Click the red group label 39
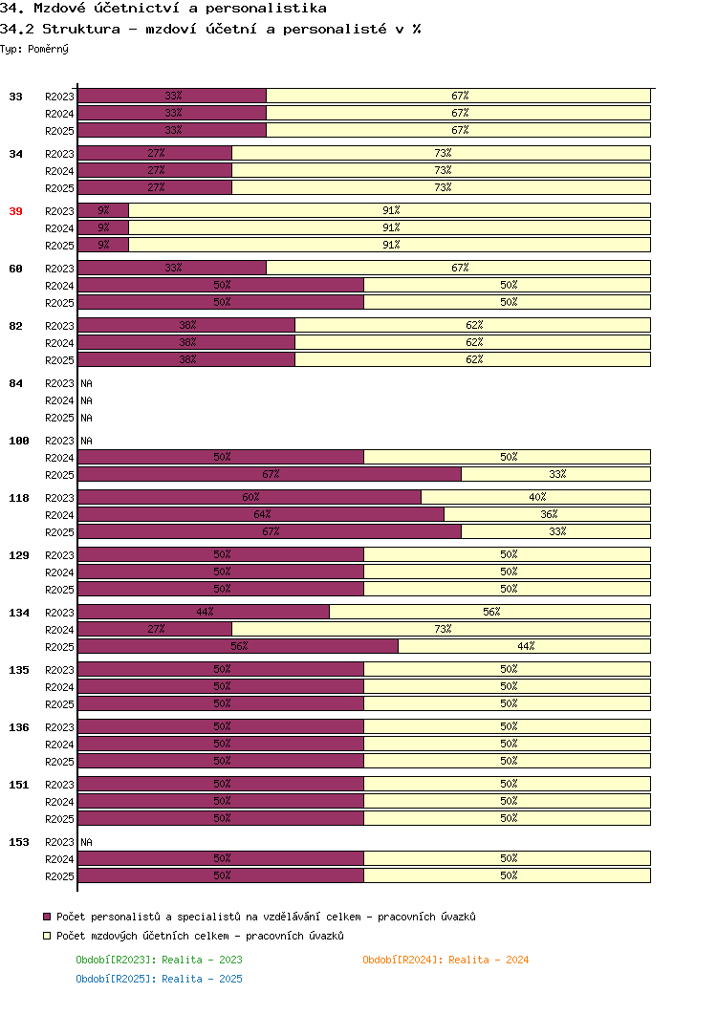click(x=15, y=211)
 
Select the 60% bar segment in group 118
click(x=250, y=497)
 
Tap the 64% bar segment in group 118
click(x=261, y=514)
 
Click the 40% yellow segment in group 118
click(x=535, y=497)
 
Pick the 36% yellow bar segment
click(x=547, y=514)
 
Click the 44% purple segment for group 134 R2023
click(x=204, y=612)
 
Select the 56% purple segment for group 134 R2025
click(x=238, y=646)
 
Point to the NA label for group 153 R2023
click(x=87, y=842)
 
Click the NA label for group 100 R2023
click(x=87, y=441)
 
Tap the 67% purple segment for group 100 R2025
click(x=271, y=474)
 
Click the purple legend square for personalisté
click(x=47, y=917)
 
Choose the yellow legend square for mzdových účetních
click(x=47, y=936)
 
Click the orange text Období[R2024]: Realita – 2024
click(x=445, y=960)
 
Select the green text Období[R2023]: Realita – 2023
click(x=160, y=960)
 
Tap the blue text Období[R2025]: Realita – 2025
click(x=160, y=979)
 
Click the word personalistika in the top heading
click(x=266, y=9)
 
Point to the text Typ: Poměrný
click(x=34, y=49)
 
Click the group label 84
click(x=15, y=383)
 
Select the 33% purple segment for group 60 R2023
click(x=172, y=268)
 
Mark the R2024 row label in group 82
click(x=59, y=343)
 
